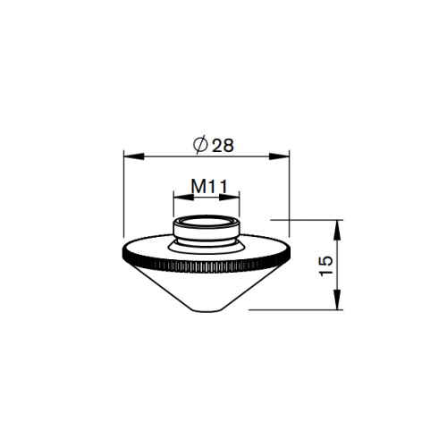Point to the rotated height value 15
coord(326,264)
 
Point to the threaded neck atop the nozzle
coord(207,231)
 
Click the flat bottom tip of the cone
coord(207,309)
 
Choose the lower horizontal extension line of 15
coord(295,309)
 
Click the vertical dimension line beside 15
coord(339,264)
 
